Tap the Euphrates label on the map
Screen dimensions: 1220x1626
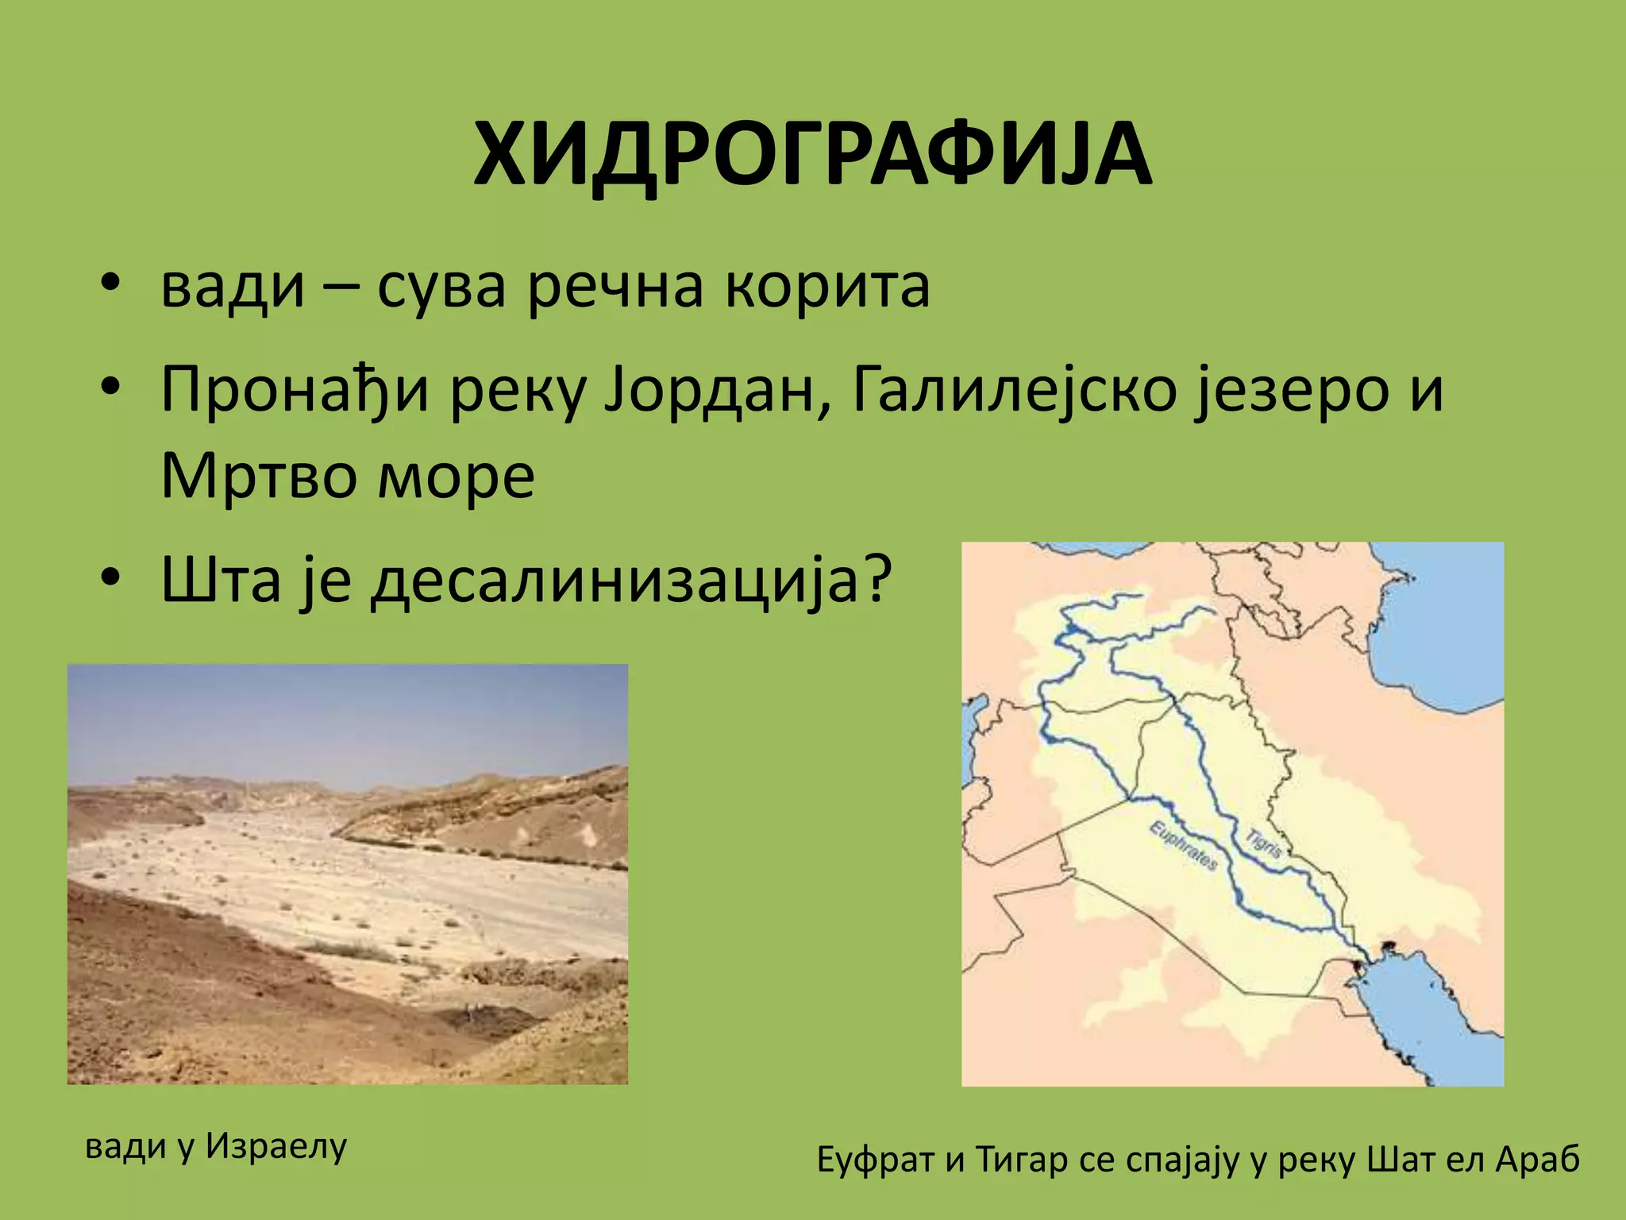[x=1184, y=847]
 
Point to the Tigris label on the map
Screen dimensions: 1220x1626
[x=1262, y=843]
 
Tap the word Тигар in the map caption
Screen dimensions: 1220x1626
[x=1022, y=1160]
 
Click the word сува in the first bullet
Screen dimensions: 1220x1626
[x=441, y=288]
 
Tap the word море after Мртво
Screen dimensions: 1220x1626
[x=456, y=477]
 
